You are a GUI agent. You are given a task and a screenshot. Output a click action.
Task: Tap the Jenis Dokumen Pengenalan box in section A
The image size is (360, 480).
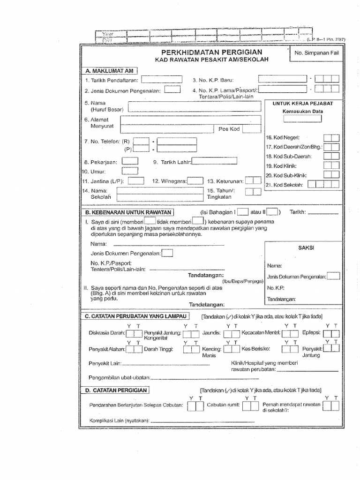click(x=172, y=90)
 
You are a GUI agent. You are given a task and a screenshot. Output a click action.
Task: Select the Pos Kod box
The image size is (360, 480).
click(x=249, y=128)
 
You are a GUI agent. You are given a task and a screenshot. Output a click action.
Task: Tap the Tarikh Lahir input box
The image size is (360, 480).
click(x=214, y=161)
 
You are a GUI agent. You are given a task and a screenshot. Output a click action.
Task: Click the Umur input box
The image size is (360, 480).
click(x=130, y=171)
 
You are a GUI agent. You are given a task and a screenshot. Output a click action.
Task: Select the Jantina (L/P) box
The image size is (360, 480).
click(x=136, y=180)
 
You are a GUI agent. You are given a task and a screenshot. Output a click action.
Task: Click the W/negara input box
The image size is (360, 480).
click(x=196, y=180)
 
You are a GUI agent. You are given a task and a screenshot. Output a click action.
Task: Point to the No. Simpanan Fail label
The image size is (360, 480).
click(x=316, y=53)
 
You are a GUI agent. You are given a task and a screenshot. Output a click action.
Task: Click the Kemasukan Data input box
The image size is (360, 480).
click(x=303, y=119)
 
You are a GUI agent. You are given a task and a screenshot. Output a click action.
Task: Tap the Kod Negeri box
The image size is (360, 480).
click(x=331, y=137)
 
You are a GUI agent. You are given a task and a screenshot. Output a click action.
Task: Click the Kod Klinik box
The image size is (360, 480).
click(x=331, y=165)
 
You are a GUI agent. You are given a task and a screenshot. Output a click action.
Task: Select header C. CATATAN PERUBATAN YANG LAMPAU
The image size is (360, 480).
click(x=136, y=317)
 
